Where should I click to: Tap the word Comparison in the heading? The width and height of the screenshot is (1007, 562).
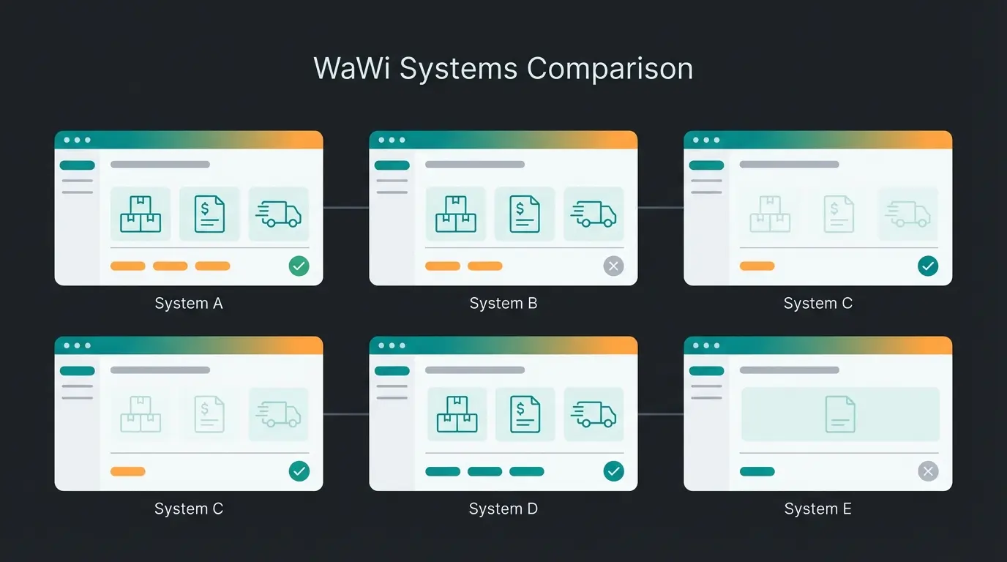tap(610, 69)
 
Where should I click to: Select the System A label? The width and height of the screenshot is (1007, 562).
tap(189, 303)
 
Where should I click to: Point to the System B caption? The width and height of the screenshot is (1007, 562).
tap(503, 303)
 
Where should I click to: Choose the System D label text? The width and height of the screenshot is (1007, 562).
tap(503, 509)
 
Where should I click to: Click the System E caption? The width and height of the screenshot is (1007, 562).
tap(817, 509)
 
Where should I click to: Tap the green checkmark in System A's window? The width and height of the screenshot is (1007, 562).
tap(299, 266)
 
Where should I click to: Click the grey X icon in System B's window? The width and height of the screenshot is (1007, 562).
tap(613, 266)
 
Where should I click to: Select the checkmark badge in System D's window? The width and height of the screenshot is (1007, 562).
tap(613, 471)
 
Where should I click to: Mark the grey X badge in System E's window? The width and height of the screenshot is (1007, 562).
tap(928, 471)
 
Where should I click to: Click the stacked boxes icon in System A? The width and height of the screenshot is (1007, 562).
tap(141, 214)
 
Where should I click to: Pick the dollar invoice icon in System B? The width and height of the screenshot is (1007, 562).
tap(525, 214)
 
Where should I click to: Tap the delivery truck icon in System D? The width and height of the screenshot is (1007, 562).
tap(594, 415)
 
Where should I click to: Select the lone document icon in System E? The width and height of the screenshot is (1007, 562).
tap(840, 414)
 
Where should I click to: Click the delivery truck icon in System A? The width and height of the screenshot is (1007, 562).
tap(278, 214)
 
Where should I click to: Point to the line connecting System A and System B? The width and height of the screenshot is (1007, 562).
tap(346, 208)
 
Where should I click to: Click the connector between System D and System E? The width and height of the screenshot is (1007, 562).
tap(660, 414)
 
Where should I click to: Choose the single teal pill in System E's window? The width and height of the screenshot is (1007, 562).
tap(757, 471)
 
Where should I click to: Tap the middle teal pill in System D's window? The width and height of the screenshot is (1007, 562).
tap(484, 471)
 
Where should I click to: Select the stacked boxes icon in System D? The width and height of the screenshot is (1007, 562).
tap(457, 415)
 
